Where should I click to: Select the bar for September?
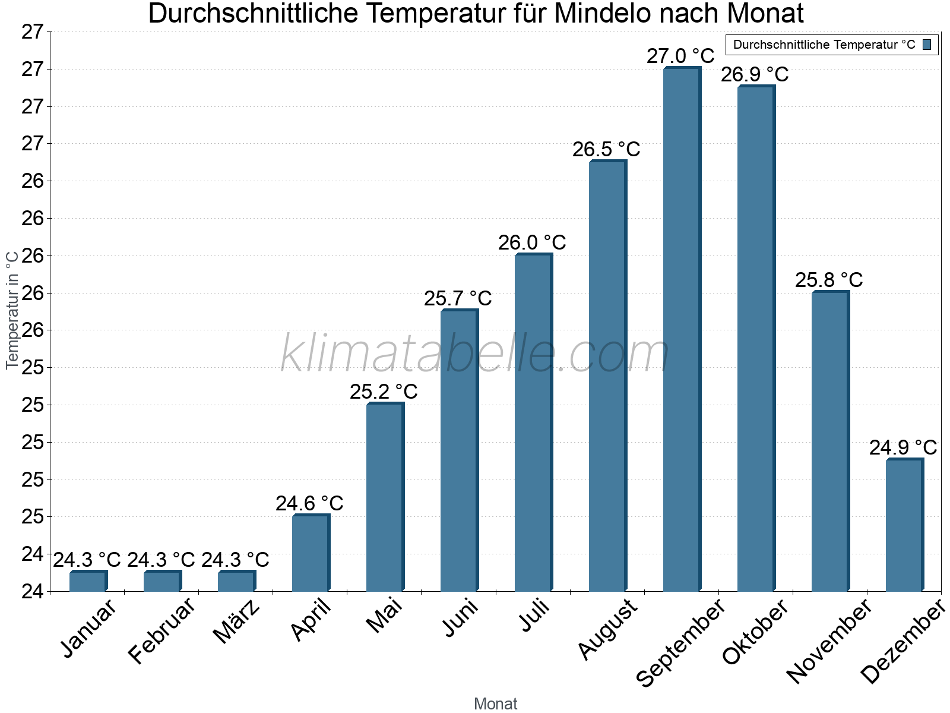pos(682,330)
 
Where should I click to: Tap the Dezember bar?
pos(904,525)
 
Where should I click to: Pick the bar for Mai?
pos(385,497)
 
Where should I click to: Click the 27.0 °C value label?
pos(680,56)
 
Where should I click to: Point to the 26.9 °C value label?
pos(755,75)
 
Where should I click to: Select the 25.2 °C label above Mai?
pos(384,392)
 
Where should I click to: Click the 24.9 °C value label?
pos(903,448)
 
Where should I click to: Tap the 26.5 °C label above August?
pos(606,150)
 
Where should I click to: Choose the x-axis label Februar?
pos(161,630)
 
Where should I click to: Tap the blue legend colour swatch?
pos(927,45)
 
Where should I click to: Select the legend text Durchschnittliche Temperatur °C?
pos(824,45)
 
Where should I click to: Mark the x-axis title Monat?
pos(496,704)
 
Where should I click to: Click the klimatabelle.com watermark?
pos(475,354)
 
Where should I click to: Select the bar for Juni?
pos(459,450)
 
